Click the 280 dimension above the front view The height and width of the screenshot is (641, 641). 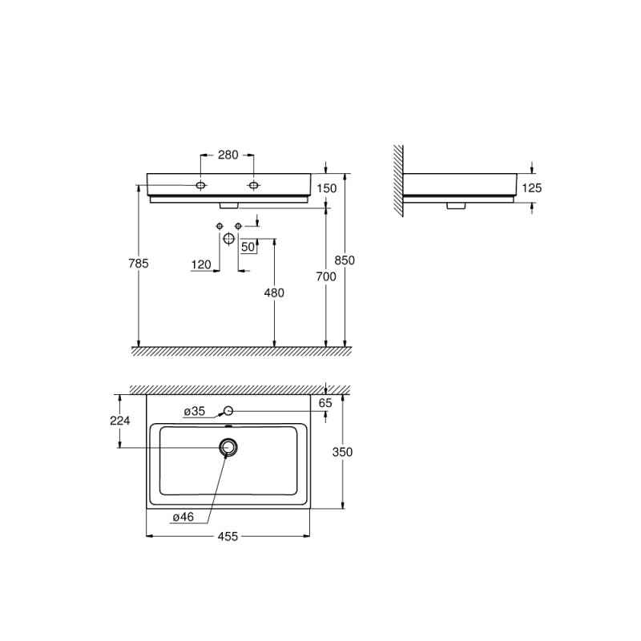pyautogui.click(x=228, y=155)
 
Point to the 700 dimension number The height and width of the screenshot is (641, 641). pyautogui.click(x=325, y=276)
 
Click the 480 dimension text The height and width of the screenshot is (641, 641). pyautogui.click(x=274, y=293)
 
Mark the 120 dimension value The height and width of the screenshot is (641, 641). pyautogui.click(x=201, y=264)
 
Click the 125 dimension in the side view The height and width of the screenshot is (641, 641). pyautogui.click(x=532, y=187)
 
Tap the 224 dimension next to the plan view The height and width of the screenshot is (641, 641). pyautogui.click(x=120, y=421)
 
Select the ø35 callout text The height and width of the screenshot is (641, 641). pyautogui.click(x=195, y=412)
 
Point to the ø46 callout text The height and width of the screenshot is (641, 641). pyautogui.click(x=183, y=518)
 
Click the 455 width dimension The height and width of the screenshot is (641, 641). pyautogui.click(x=228, y=537)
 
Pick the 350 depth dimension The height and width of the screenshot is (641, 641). pyautogui.click(x=342, y=452)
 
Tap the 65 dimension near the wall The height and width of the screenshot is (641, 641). pyautogui.click(x=325, y=404)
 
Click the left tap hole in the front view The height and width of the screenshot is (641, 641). pyautogui.click(x=201, y=186)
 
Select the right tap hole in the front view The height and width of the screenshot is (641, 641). pyautogui.click(x=254, y=186)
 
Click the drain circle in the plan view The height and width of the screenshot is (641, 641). pyautogui.click(x=228, y=447)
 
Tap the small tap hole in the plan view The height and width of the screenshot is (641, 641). pyautogui.click(x=228, y=411)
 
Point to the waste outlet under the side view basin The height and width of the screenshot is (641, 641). pyautogui.click(x=457, y=206)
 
